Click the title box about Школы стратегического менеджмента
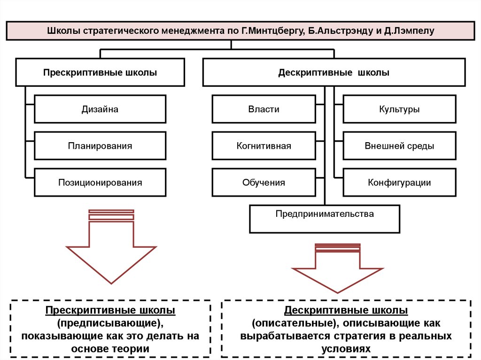click(x=240, y=31)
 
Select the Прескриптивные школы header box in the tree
click(x=100, y=73)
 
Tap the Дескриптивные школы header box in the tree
click(x=334, y=73)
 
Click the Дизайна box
click(x=100, y=109)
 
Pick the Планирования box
click(x=100, y=146)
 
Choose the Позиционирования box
click(x=100, y=183)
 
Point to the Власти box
click(x=264, y=109)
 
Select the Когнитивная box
click(x=264, y=146)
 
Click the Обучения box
click(x=264, y=183)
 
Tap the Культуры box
click(x=399, y=109)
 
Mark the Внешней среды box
click(x=399, y=146)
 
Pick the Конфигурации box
click(x=399, y=183)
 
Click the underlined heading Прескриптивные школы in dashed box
click(x=110, y=311)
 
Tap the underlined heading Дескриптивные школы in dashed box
click(x=346, y=311)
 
